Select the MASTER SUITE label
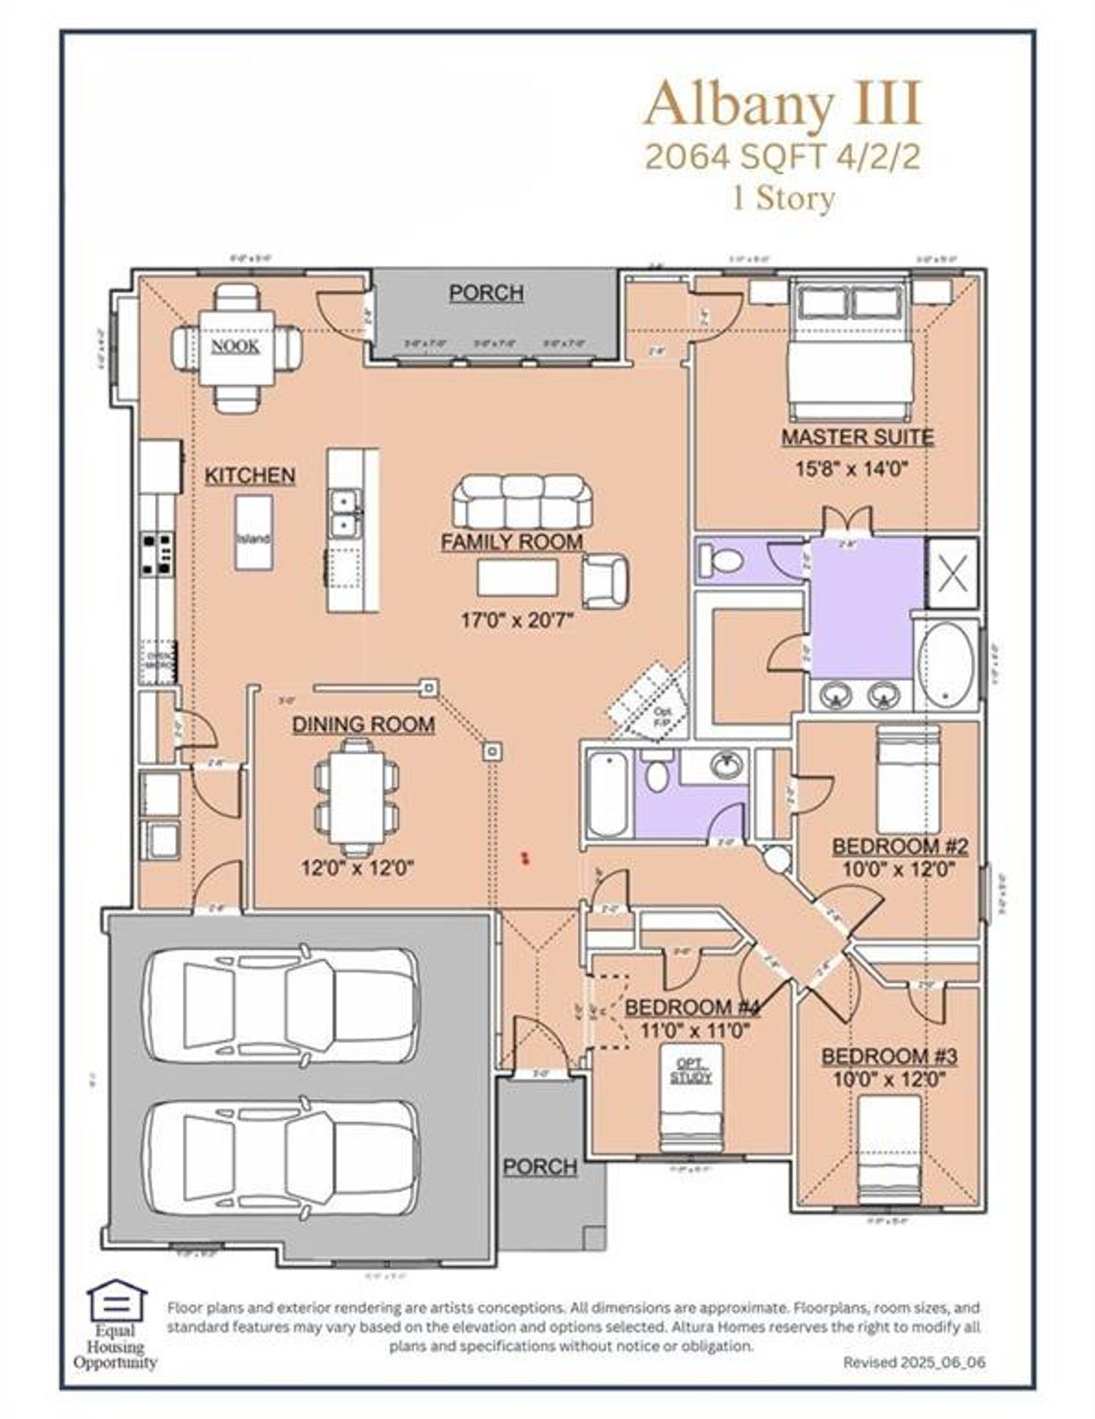[856, 437]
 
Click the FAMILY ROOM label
[512, 542]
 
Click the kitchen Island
[253, 532]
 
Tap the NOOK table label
[235, 346]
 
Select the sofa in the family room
[522, 502]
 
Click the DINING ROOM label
[364, 725]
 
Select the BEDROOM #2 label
[899, 846]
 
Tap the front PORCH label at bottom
[540, 1167]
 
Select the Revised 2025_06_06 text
[914, 1362]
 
